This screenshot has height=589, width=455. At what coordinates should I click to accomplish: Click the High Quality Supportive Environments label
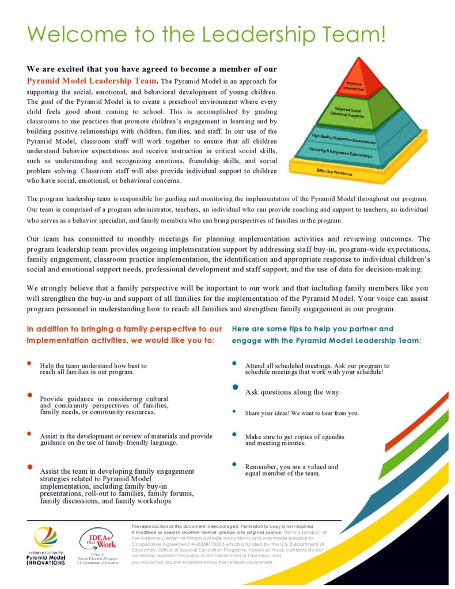[x=344, y=138]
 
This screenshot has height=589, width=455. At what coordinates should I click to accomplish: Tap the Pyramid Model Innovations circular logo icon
[x=45, y=538]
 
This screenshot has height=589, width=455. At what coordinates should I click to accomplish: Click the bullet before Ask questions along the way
[x=235, y=387]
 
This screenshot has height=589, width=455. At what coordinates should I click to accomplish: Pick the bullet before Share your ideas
[x=234, y=411]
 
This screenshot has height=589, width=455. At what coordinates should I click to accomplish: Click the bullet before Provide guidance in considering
[x=29, y=395]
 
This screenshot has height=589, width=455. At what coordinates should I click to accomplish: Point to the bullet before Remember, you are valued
[x=234, y=463]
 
